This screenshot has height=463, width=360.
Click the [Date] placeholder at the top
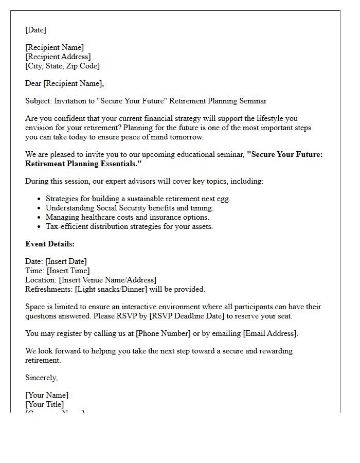(x=35, y=30)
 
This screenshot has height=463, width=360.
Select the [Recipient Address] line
(x=58, y=57)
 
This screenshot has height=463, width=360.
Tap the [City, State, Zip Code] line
(x=62, y=66)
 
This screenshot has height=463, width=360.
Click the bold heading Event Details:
(x=50, y=244)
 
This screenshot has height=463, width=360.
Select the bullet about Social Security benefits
(x=129, y=208)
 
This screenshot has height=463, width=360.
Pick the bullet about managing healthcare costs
(x=127, y=217)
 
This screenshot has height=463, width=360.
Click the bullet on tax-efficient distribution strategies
(x=129, y=226)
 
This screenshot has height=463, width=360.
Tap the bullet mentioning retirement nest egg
(x=138, y=199)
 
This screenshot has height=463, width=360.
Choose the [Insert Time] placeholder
(x=68, y=271)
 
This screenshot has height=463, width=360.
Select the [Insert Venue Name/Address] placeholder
(x=107, y=280)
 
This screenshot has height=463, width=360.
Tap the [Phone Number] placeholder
(x=163, y=333)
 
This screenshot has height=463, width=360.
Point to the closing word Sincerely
(x=41, y=378)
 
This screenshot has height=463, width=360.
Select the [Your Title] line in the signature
(x=45, y=404)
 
